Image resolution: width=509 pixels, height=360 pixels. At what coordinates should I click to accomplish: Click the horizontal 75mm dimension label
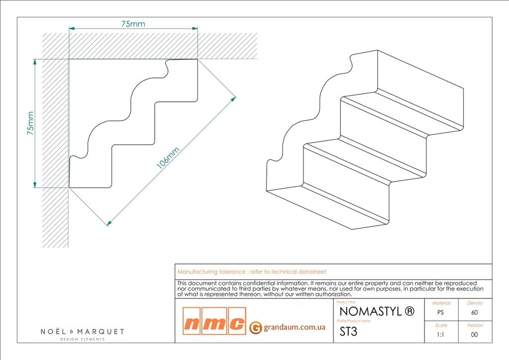point(133,24)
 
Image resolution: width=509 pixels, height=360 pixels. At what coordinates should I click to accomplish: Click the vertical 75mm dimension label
point(30,123)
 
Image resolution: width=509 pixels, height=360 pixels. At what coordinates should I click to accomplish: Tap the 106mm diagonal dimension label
point(168,158)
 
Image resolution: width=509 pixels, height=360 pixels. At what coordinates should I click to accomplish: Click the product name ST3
point(348,331)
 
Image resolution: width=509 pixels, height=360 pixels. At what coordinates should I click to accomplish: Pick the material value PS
point(440,313)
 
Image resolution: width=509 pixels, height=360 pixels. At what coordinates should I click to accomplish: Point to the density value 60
point(474,313)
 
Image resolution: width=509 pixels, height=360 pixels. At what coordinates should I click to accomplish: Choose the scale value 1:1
point(440,335)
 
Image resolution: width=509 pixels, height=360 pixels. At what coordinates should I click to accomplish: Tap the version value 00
point(474,335)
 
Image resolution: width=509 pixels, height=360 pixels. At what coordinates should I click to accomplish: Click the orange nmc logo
point(214,321)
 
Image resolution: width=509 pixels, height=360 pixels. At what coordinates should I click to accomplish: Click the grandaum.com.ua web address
point(294,327)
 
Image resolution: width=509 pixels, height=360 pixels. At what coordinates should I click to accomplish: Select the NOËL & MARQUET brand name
point(82,331)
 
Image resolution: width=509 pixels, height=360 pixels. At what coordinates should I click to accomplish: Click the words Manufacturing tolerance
point(211,272)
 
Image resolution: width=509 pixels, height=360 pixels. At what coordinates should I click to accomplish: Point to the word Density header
point(475,303)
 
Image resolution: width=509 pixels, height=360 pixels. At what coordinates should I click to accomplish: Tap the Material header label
point(441,303)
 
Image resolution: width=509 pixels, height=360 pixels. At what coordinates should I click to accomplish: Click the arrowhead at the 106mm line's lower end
point(109,223)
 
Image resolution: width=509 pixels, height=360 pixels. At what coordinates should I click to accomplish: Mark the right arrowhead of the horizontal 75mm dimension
point(195,29)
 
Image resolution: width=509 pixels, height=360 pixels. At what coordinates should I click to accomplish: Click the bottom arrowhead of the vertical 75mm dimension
point(35,185)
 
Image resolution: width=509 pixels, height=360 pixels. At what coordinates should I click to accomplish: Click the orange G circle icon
point(256,327)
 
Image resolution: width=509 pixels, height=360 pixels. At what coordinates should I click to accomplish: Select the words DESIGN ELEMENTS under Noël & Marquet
point(82,339)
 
